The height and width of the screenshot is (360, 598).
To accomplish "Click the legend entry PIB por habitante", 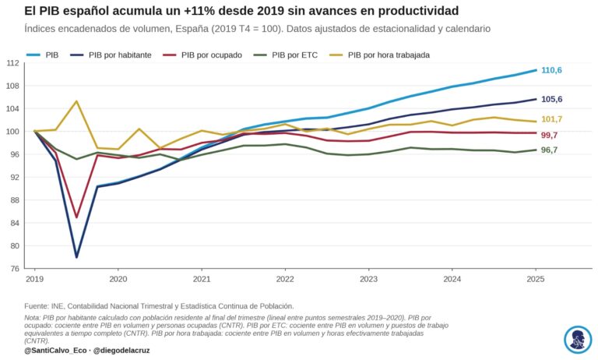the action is pyautogui.click(x=111, y=55).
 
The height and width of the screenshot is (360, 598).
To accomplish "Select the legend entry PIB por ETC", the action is pyautogui.click(x=285, y=55).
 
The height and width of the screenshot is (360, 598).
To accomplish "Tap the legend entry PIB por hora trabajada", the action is pyautogui.click(x=379, y=55).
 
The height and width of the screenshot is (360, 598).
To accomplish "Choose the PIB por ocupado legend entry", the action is pyautogui.click(x=202, y=55).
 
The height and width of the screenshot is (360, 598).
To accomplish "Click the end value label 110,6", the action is pyautogui.click(x=551, y=70).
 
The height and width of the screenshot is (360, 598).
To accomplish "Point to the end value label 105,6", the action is pyautogui.click(x=551, y=99).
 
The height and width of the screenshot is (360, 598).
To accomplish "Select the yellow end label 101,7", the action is pyautogui.click(x=551, y=119).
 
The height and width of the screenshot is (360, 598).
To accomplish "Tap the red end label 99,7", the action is pyautogui.click(x=549, y=135).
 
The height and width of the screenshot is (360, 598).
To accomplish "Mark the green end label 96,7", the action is pyautogui.click(x=549, y=150).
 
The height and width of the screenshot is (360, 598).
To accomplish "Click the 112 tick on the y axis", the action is pyautogui.click(x=12, y=63).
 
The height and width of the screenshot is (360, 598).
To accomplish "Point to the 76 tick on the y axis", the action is pyautogui.click(x=15, y=269).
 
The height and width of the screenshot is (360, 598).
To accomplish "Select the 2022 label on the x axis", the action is pyautogui.click(x=285, y=279).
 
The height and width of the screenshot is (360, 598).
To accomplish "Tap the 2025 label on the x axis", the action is pyautogui.click(x=536, y=279).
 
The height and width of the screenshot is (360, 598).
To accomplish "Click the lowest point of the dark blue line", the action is pyautogui.click(x=76, y=257).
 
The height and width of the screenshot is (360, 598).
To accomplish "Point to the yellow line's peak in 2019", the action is pyautogui.click(x=76, y=101).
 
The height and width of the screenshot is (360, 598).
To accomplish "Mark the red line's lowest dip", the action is pyautogui.click(x=76, y=217).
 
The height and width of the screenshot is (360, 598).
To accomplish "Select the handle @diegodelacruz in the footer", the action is pyautogui.click(x=121, y=351).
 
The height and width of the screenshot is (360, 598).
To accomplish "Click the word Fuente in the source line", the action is pyautogui.click(x=36, y=306).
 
